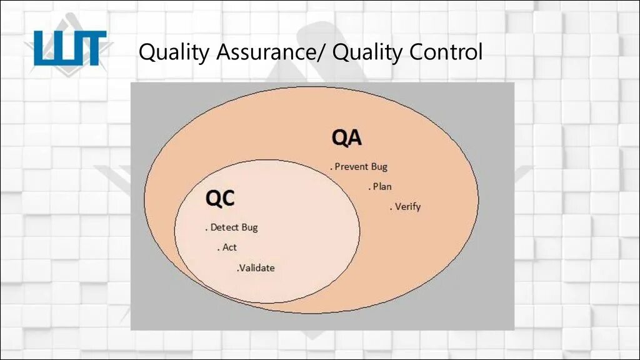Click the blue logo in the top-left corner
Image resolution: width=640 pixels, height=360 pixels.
click(x=69, y=49)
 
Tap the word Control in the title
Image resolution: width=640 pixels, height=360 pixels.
click(x=446, y=52)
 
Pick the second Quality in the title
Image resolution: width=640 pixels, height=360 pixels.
click(x=368, y=53)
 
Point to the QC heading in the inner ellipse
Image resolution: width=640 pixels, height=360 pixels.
click(x=221, y=198)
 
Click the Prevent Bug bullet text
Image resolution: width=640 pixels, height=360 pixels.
click(x=359, y=167)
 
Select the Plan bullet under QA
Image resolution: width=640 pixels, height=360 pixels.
click(x=381, y=186)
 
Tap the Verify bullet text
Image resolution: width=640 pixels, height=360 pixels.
click(x=406, y=206)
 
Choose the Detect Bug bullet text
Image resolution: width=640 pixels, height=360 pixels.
click(x=232, y=227)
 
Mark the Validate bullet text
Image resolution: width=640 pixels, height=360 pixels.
click(x=256, y=268)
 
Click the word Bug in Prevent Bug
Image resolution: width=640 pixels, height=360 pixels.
click(x=379, y=167)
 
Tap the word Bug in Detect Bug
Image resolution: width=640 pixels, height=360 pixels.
click(x=249, y=227)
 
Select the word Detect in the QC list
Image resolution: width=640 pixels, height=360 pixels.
click(x=224, y=227)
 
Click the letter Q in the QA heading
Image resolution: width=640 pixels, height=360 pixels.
click(x=339, y=137)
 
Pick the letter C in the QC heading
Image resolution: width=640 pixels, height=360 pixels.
click(x=228, y=198)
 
